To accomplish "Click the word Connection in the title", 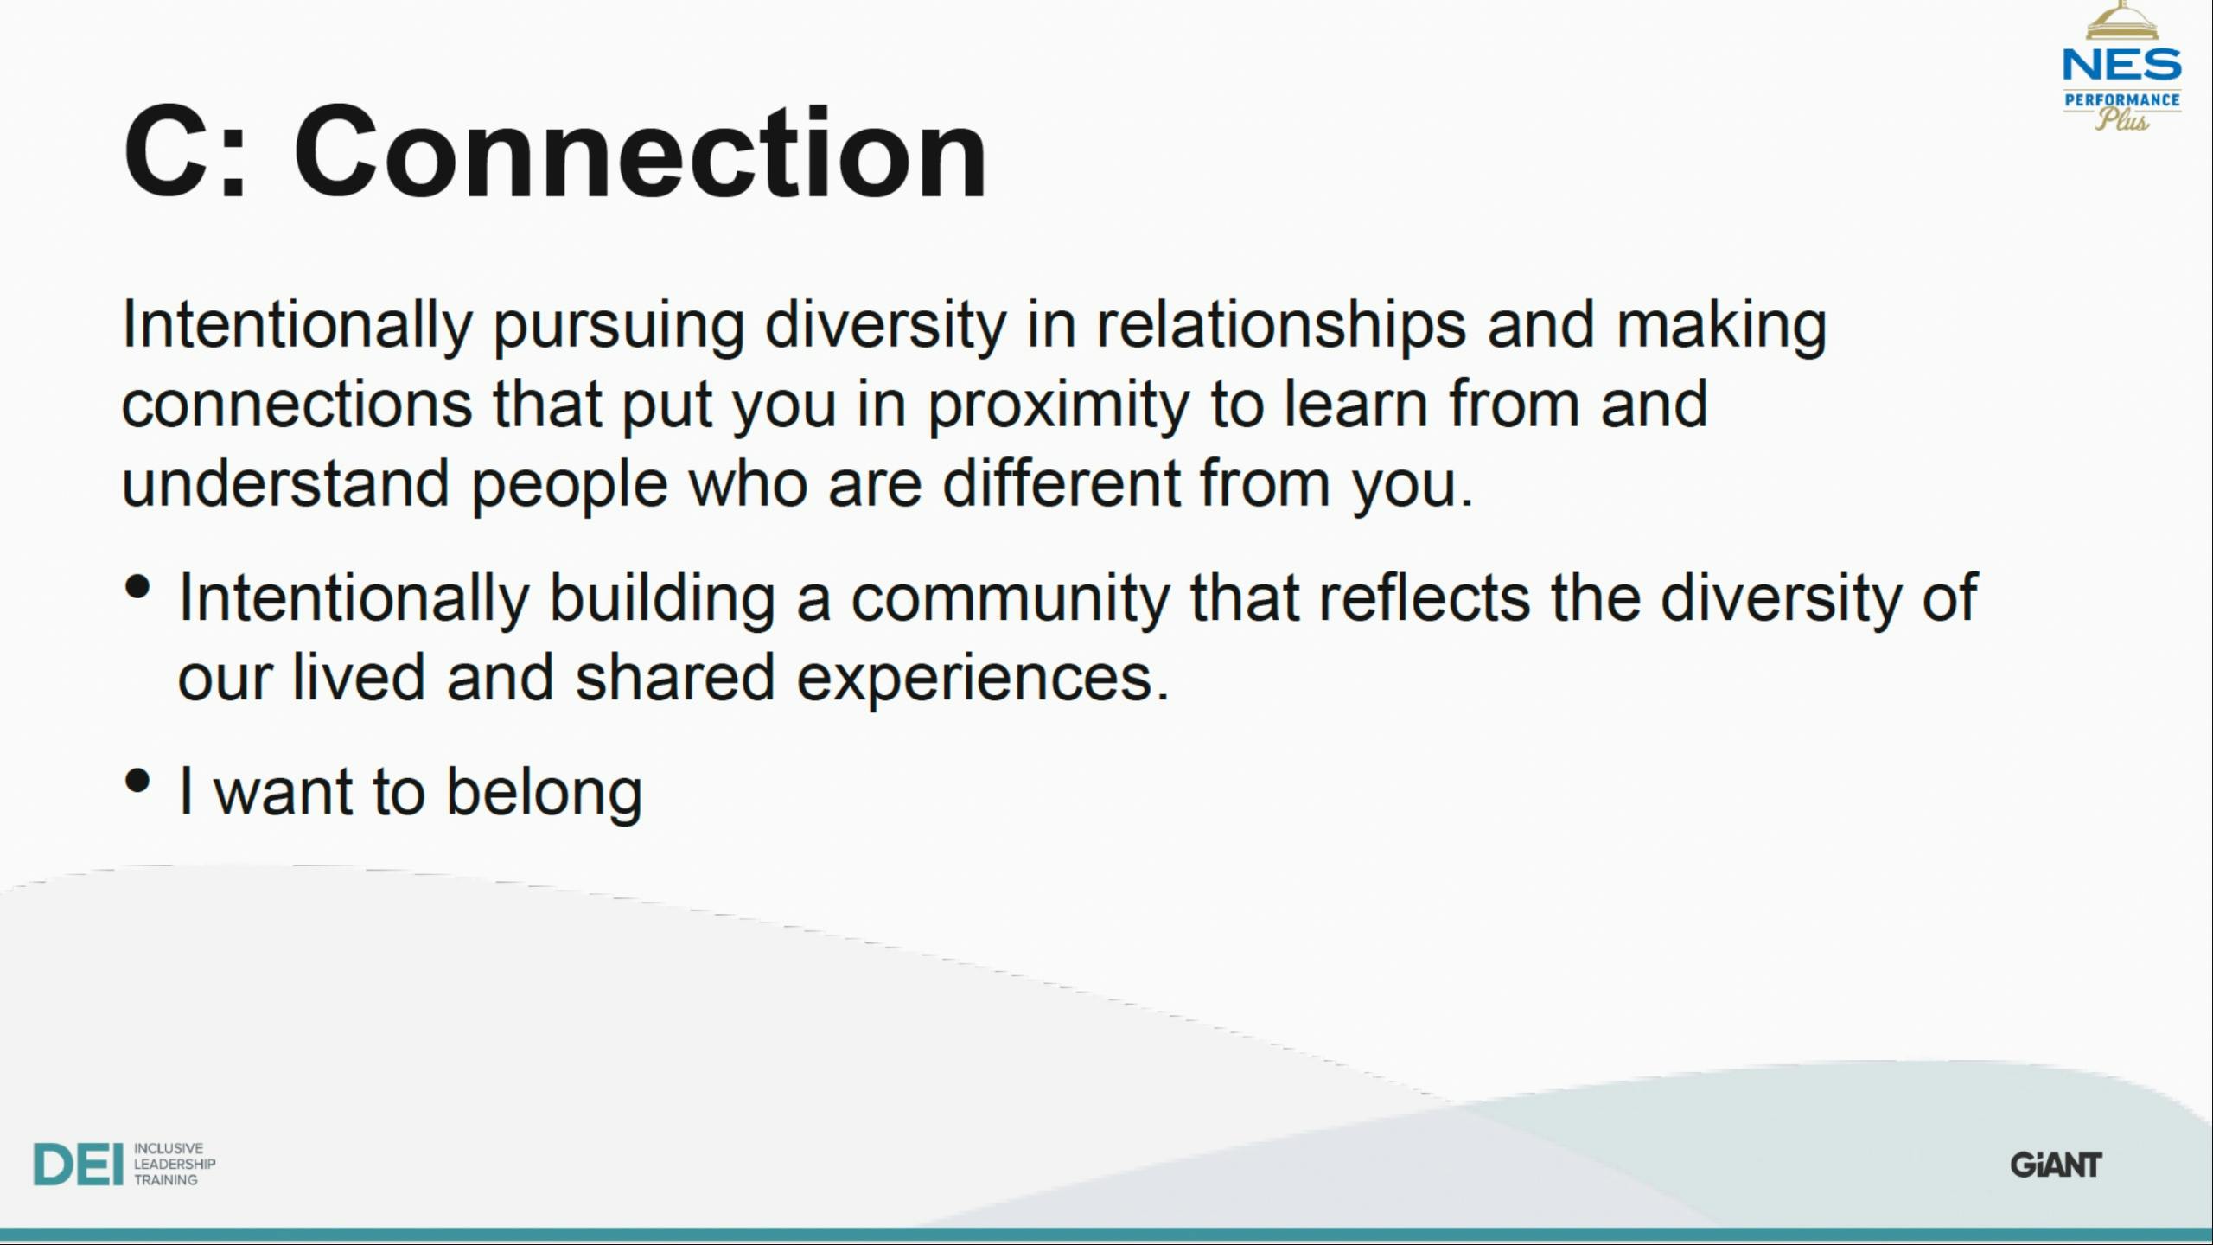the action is (x=640, y=152).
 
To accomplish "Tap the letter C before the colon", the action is (x=166, y=152).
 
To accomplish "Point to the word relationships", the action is (x=1281, y=327).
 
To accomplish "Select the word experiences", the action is (x=982, y=680).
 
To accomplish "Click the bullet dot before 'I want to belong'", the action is (x=137, y=781).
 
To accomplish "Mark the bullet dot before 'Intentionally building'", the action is (x=137, y=587).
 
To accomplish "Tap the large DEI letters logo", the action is (x=78, y=1164).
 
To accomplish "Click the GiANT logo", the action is (x=2056, y=1165).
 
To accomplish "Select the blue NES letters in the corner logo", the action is (x=2122, y=65).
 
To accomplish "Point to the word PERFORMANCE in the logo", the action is (x=2122, y=100).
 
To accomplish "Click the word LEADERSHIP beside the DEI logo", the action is (x=175, y=1165).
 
